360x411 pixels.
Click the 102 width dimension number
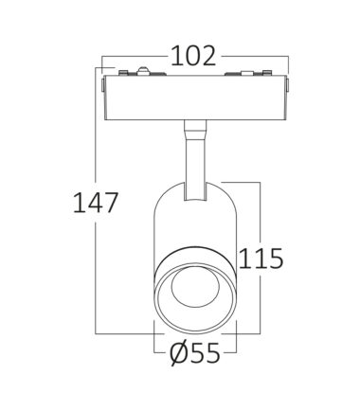click(x=193, y=56)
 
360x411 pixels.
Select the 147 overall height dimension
click(x=96, y=203)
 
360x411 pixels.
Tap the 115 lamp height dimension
click(x=261, y=259)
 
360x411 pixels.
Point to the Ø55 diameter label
click(x=194, y=353)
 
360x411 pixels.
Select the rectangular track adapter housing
click(x=196, y=98)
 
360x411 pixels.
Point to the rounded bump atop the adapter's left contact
click(x=143, y=70)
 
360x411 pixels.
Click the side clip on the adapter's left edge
click(x=103, y=85)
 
